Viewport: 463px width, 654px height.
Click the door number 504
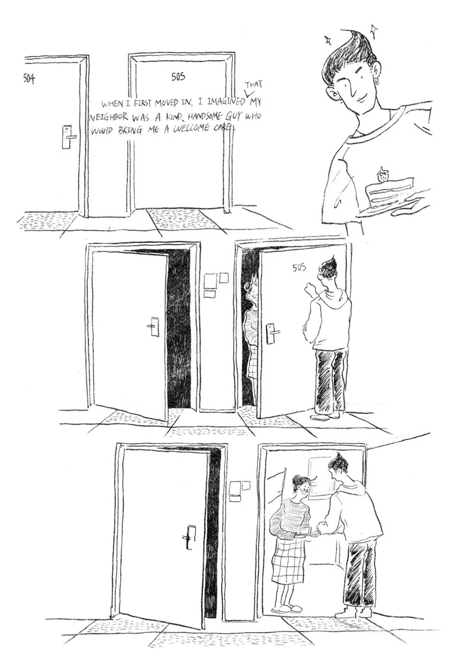pos(29,78)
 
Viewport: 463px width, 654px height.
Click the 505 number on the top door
pos(178,76)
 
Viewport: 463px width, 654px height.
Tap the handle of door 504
pos(68,137)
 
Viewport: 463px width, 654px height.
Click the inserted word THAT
pos(253,85)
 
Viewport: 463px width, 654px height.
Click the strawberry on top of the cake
pos(381,175)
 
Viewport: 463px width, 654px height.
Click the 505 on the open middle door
pos(299,267)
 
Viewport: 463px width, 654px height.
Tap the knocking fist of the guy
pos(309,287)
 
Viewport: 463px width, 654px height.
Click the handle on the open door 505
pos(271,333)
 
